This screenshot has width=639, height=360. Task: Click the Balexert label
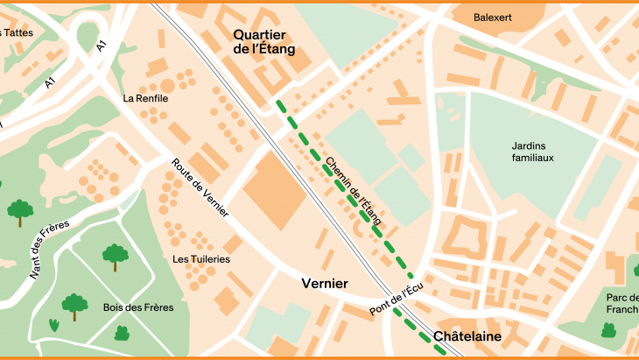coord(492,17)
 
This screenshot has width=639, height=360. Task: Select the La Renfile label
coord(145,98)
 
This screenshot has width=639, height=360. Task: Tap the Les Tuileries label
coord(201,259)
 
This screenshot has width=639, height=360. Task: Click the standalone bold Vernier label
coord(325,284)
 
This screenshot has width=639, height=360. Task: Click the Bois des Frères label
coord(138,307)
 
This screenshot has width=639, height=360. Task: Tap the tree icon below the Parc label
coord(607,330)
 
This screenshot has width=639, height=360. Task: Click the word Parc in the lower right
coord(618,297)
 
